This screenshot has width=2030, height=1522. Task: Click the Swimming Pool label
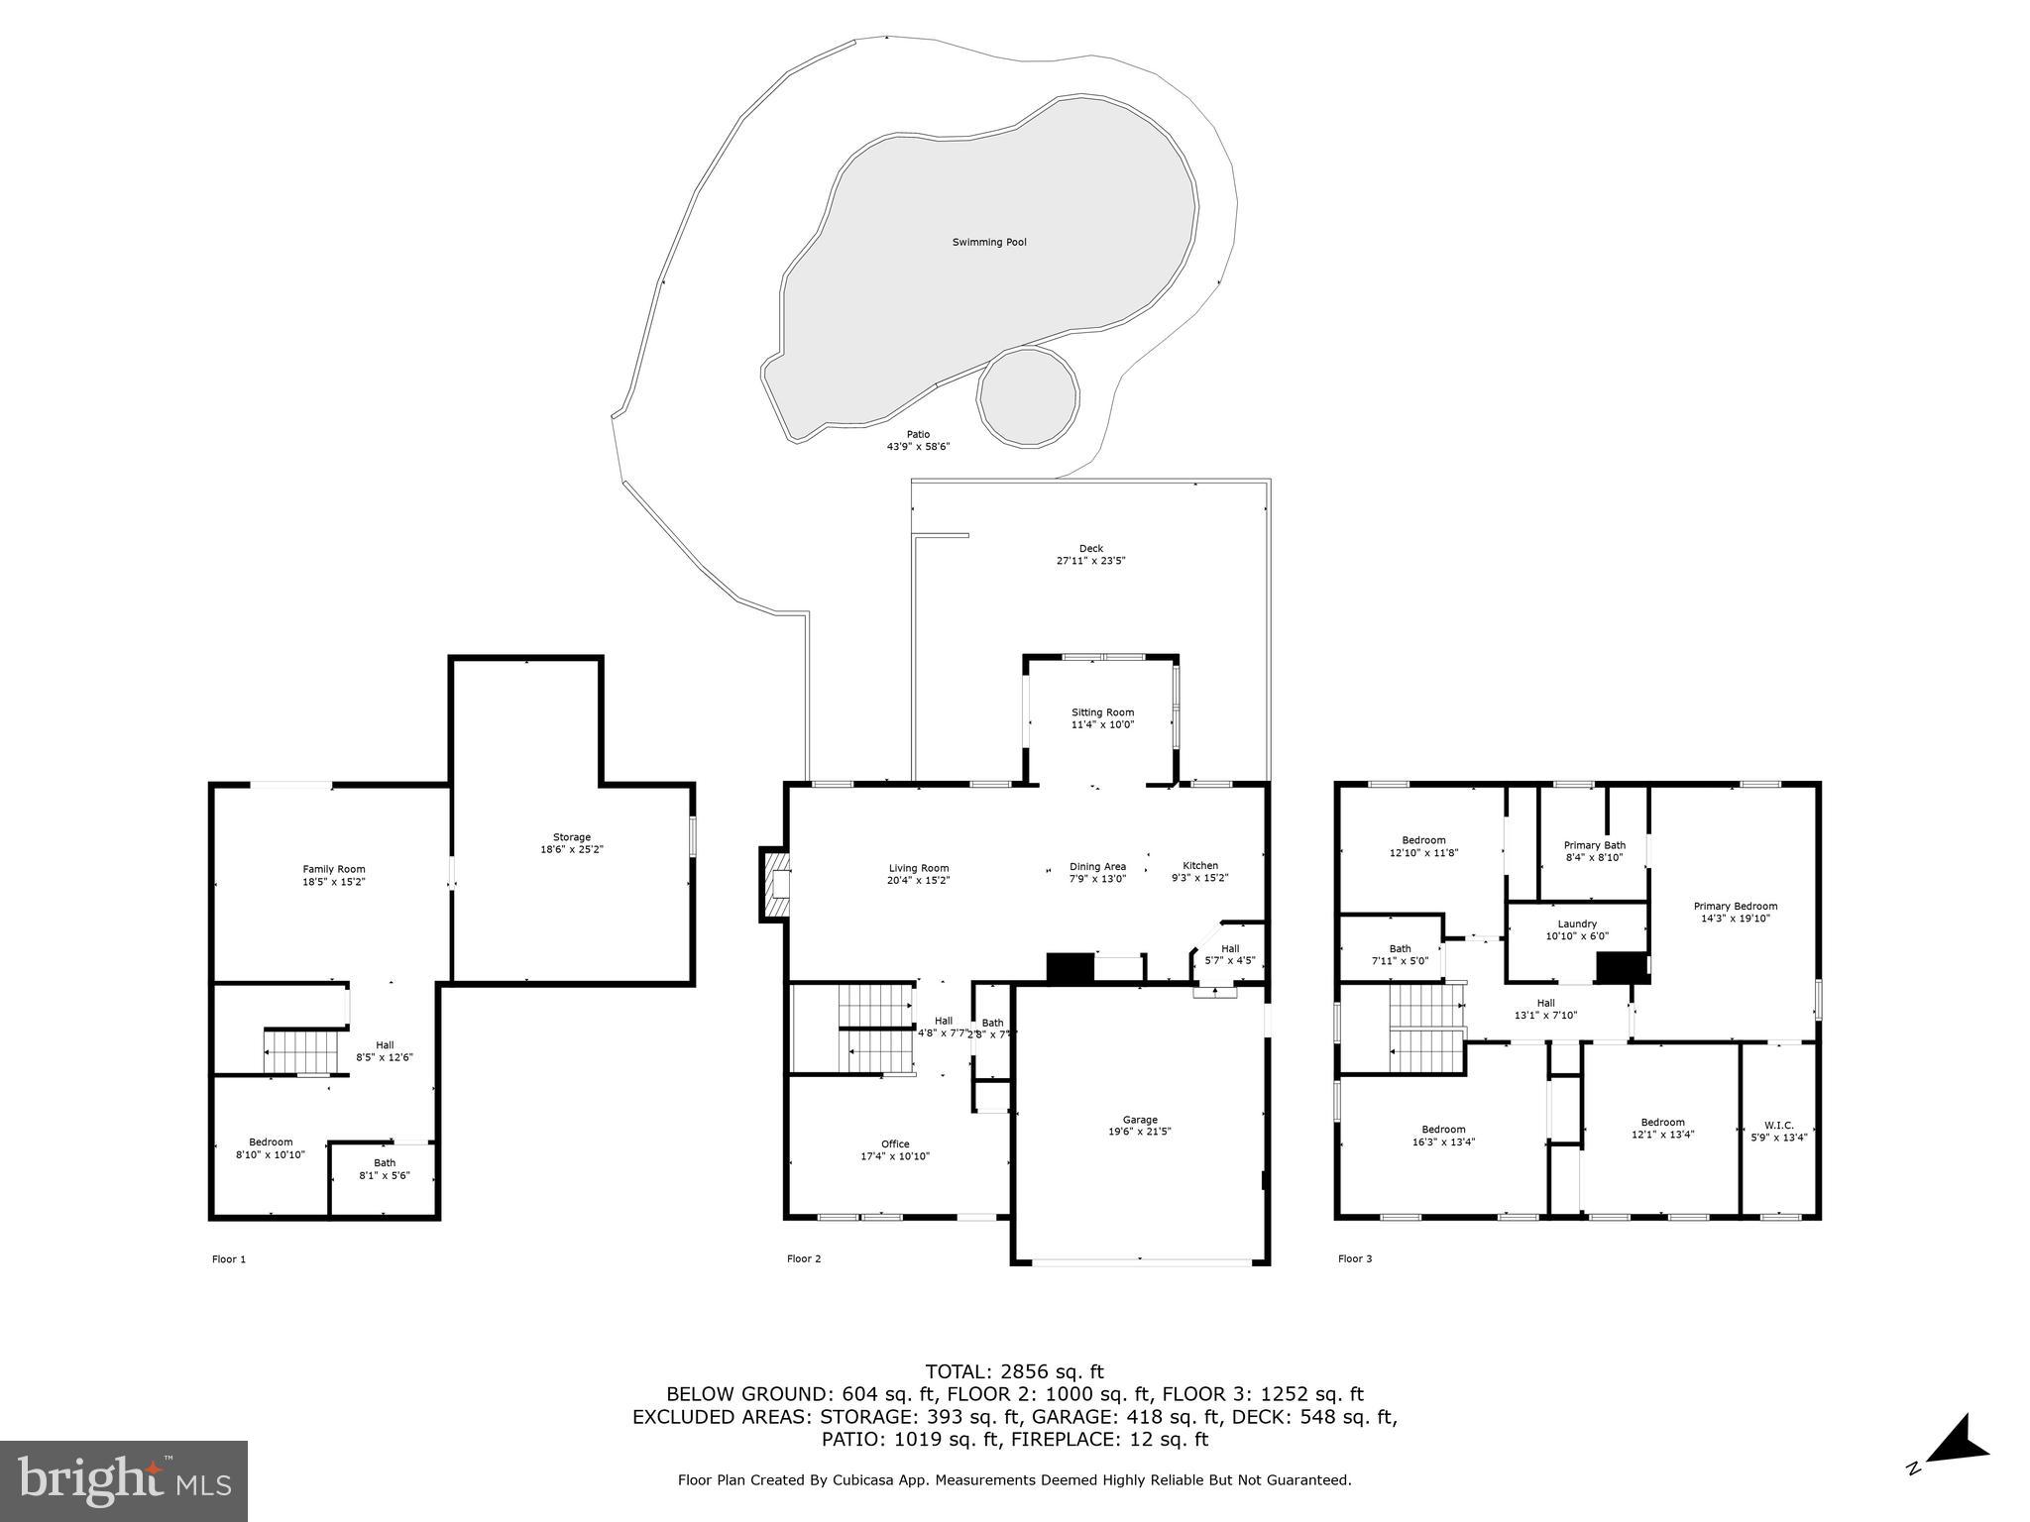click(988, 242)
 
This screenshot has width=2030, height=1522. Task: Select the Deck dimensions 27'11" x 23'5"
click(1090, 561)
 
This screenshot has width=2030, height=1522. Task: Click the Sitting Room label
click(1102, 712)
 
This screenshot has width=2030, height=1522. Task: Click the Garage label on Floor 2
click(1140, 1120)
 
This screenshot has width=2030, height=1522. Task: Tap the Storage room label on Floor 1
click(572, 837)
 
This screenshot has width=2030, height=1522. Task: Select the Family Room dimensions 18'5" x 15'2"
click(334, 882)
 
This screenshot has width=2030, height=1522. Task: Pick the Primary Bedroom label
click(1735, 906)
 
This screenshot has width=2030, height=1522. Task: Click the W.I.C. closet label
click(1778, 1125)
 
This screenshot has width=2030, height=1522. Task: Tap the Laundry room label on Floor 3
click(1576, 924)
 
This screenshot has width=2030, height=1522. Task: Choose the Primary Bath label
click(1594, 845)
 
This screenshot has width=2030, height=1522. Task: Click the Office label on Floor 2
click(894, 1144)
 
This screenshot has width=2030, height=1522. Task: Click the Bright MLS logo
click(124, 1481)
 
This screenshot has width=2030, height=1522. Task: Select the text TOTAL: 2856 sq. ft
click(1014, 1372)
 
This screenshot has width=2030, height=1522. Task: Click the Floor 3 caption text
click(1355, 1259)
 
